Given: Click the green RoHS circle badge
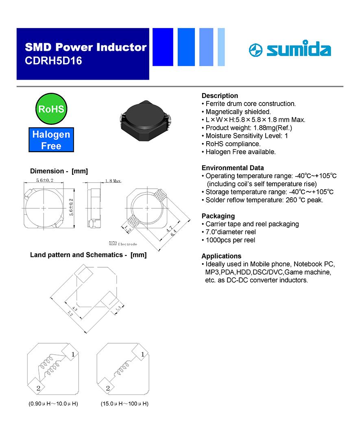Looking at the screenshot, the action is click(x=51, y=109).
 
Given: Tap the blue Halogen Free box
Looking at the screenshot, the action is click(x=51, y=140).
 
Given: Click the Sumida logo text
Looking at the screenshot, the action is click(x=299, y=49).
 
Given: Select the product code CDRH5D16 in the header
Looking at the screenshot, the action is click(x=53, y=61).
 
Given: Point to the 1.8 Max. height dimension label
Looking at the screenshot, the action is click(x=113, y=181).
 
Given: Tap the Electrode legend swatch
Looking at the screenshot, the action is click(x=113, y=243).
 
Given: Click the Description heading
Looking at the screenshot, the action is click(x=220, y=96).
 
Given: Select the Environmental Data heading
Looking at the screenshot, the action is click(x=233, y=168).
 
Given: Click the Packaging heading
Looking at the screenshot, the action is click(x=218, y=216).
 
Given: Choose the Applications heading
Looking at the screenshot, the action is click(x=221, y=256).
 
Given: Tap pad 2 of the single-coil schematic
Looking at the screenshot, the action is click(x=106, y=386).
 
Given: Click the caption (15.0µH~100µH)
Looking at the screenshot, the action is click(x=124, y=404).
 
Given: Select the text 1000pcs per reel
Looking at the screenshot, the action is click(x=230, y=240).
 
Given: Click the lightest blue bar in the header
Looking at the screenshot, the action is click(x=221, y=47).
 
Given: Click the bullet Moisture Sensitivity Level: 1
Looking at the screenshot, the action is click(x=247, y=136).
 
